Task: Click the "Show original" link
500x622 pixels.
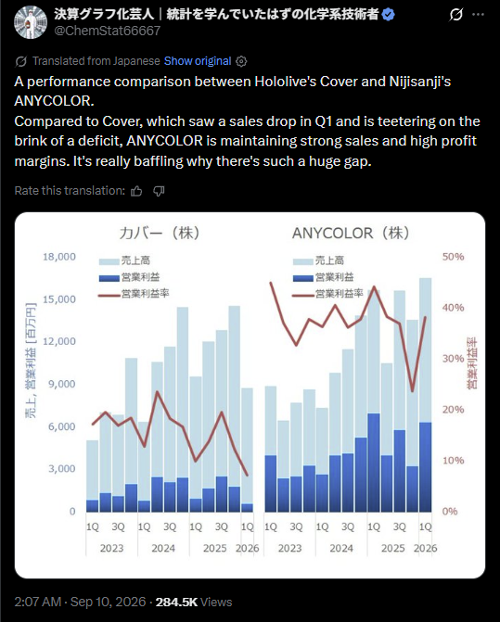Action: click(198, 61)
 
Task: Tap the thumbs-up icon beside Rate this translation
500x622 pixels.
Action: click(136, 191)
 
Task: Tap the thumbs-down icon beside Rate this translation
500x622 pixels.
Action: click(159, 191)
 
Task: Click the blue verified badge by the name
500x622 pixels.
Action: click(388, 15)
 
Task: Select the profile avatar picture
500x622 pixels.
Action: click(31, 22)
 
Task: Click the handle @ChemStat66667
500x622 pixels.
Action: click(108, 31)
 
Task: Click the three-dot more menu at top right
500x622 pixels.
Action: click(478, 15)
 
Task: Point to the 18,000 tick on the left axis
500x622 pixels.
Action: click(59, 257)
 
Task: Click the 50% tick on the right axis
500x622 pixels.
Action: click(454, 257)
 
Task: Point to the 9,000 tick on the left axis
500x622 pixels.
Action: click(62, 384)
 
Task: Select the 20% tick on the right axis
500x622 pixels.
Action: click(454, 410)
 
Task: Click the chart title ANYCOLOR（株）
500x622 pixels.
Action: click(351, 233)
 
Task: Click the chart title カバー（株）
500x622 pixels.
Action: click(160, 233)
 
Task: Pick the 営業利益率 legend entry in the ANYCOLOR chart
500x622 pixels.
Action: click(327, 294)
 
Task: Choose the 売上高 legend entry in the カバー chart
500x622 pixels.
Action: click(124, 260)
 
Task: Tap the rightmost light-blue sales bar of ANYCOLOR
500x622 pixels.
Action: click(426, 350)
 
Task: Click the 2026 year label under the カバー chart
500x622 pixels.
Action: click(248, 548)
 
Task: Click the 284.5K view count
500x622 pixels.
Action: click(176, 602)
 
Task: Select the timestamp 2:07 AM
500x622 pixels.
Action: click(38, 602)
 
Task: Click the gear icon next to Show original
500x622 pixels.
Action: click(241, 61)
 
